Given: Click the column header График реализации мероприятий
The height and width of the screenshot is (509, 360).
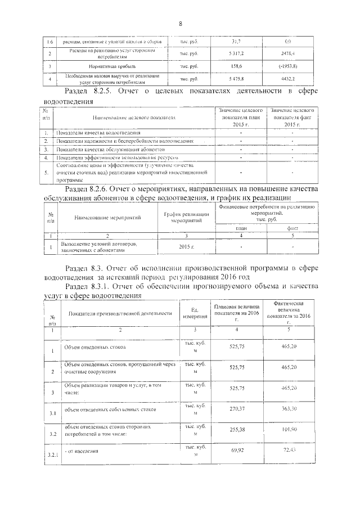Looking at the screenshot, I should (x=182, y=217).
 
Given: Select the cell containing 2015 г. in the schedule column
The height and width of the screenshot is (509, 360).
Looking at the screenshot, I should (x=182, y=247).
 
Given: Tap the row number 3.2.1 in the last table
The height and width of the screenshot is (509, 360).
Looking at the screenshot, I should (x=52, y=453).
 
